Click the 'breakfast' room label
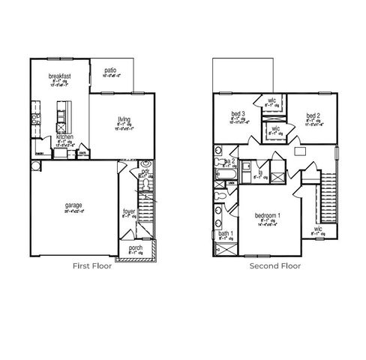pyautogui.click(x=60, y=76)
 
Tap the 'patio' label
pyautogui.click(x=109, y=70)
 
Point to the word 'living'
pyautogui.click(x=124, y=118)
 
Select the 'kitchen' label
pyautogui.click(x=64, y=137)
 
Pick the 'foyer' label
pyautogui.click(x=129, y=211)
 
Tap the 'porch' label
pyautogui.click(x=136, y=247)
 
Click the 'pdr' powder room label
pyautogui.click(x=145, y=171)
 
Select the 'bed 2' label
pyautogui.click(x=313, y=114)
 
